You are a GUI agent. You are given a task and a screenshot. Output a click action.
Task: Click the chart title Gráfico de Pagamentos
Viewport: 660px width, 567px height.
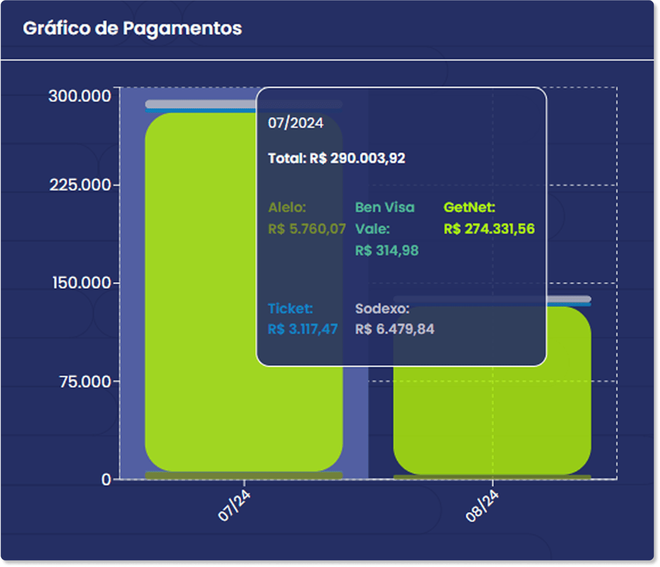[x=132, y=28]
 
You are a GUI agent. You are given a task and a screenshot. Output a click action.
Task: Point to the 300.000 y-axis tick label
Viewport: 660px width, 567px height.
[x=80, y=96]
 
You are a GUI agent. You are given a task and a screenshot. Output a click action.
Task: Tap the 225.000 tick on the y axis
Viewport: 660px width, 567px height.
[x=80, y=185]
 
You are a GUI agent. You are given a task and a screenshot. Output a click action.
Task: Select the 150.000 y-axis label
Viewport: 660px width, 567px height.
[x=82, y=283]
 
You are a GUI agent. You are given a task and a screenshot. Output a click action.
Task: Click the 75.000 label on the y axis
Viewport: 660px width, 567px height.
[x=85, y=381]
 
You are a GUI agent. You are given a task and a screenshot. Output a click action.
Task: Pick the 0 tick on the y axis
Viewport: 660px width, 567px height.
[x=106, y=479]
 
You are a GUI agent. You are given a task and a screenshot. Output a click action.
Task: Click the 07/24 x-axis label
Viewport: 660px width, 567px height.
[x=234, y=506]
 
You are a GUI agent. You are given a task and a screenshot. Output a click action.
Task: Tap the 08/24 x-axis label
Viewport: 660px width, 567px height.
[x=482, y=506]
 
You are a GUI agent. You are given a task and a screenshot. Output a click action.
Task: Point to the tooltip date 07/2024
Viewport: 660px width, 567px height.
[x=295, y=123]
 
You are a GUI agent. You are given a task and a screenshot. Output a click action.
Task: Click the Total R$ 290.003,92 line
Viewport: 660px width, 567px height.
[x=336, y=158]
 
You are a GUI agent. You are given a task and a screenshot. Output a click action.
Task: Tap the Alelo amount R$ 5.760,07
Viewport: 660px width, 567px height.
[x=306, y=229]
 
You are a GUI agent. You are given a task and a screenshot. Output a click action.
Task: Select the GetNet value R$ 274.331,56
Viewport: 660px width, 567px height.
[x=489, y=229]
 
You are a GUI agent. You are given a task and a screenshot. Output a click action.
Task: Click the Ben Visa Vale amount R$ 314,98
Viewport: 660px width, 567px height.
[x=387, y=251]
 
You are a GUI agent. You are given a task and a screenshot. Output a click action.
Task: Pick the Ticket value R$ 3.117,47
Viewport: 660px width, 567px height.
[x=303, y=329]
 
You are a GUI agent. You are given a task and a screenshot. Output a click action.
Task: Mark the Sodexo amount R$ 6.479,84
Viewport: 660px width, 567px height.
[x=394, y=329]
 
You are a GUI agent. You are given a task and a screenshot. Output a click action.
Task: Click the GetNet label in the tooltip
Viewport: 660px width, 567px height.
[x=469, y=207]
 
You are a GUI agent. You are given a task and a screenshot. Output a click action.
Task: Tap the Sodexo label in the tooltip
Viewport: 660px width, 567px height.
[x=382, y=309]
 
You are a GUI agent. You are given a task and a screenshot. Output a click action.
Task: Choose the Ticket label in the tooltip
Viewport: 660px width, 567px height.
[x=290, y=309]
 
